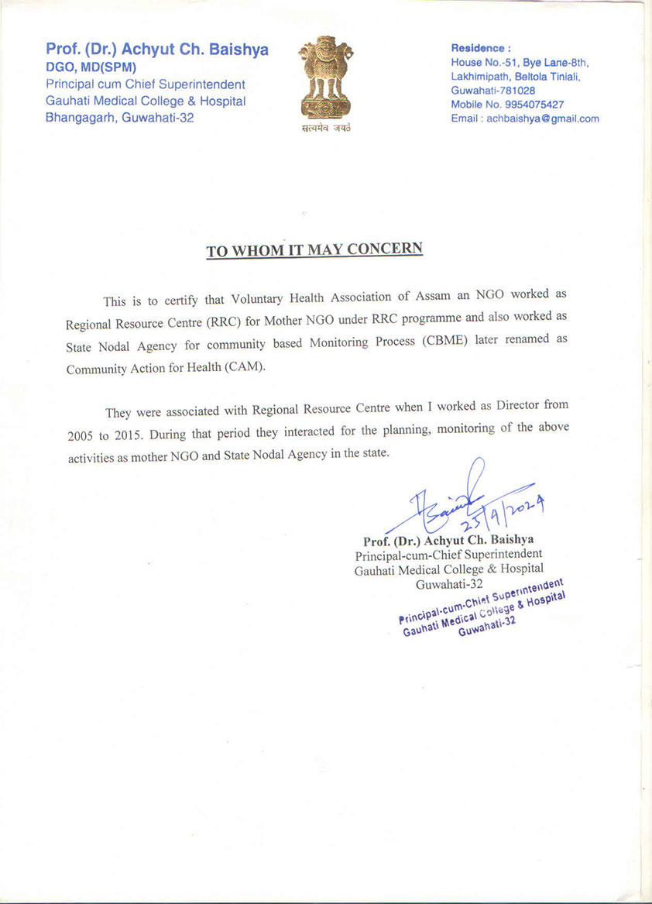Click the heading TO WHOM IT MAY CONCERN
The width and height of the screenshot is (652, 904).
pos(314,249)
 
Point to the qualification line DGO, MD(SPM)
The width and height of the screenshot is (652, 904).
pos(91,67)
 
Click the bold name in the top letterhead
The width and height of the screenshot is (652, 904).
pos(157,50)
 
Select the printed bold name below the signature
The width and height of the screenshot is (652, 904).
pos(448,540)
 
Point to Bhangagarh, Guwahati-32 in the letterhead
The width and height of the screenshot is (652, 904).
pos(120,118)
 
